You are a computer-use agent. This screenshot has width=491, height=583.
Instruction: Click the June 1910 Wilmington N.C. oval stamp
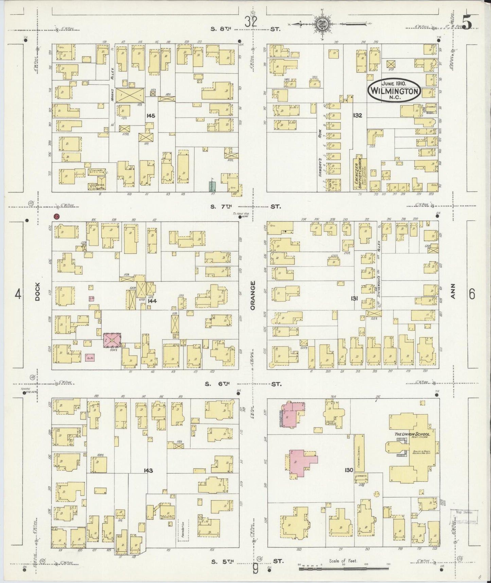pos(394,90)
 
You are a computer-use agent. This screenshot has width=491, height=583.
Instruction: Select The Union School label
pos(412,434)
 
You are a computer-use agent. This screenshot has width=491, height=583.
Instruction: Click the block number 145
pos(151,116)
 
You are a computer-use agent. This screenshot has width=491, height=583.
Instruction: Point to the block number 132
pos(357,115)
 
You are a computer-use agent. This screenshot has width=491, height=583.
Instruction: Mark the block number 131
pos(354,298)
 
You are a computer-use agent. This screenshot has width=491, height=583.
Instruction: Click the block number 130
pos(349,470)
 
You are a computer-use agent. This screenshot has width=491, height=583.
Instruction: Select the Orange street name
pos(252,295)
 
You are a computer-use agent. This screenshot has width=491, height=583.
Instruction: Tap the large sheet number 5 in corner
pos(466,23)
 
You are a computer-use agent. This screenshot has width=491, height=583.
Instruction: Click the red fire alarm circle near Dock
pos(57,216)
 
